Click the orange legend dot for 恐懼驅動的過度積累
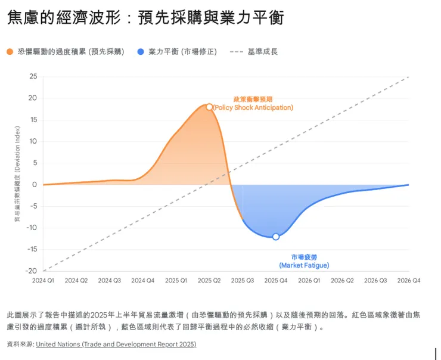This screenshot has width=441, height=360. (10, 52)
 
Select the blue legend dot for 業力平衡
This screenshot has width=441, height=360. (140, 52)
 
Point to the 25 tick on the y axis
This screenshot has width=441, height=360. (33, 76)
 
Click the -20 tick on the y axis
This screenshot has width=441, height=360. (32, 271)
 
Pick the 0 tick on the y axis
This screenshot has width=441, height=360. (35, 184)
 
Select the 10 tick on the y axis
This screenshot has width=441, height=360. (33, 141)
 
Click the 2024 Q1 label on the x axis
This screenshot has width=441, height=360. (43, 280)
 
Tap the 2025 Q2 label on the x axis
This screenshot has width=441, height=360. (209, 280)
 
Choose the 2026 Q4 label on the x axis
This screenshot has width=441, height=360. (408, 280)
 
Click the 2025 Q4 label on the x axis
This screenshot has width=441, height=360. (276, 280)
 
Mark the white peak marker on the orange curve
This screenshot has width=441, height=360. (209, 107)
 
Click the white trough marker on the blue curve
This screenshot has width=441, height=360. (276, 237)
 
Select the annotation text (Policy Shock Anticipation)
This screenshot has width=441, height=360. (253, 108)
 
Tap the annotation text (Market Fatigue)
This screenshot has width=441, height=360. (304, 265)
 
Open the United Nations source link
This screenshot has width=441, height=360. (116, 345)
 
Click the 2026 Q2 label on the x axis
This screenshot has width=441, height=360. (342, 280)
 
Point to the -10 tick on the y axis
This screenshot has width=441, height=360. (32, 227)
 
